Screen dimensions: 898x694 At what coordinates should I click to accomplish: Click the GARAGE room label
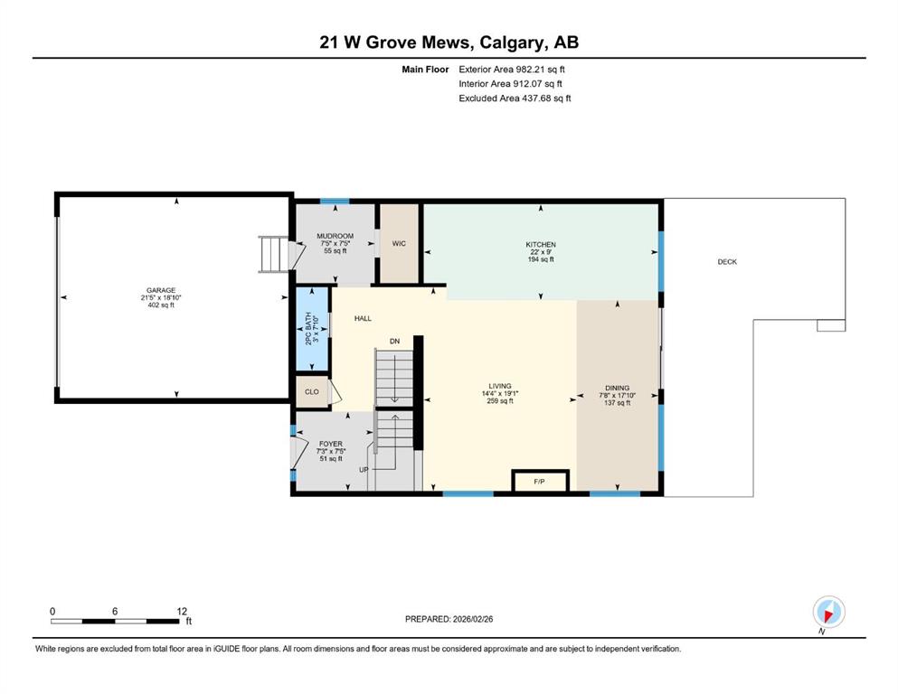[x=161, y=290]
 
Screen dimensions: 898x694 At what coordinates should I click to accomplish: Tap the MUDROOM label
[x=335, y=236]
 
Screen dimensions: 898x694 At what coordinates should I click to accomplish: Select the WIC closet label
[x=399, y=243]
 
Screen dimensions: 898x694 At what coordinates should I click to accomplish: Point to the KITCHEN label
[x=541, y=244]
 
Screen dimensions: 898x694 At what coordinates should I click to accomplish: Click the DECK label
[x=727, y=261]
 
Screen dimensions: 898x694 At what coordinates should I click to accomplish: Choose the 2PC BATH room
[x=312, y=328]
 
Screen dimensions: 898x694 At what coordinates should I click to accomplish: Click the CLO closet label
[x=312, y=392]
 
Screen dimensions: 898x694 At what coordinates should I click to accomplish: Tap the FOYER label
[x=331, y=444]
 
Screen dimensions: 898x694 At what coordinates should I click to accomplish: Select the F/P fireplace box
[x=540, y=481]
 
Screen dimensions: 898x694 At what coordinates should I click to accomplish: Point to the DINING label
[x=618, y=388]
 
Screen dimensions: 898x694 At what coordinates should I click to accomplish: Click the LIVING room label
[x=500, y=386]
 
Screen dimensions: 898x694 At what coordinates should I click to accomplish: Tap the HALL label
[x=364, y=318]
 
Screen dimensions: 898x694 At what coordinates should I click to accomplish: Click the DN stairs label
[x=394, y=341]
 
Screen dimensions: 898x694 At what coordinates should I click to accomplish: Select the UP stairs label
[x=364, y=470]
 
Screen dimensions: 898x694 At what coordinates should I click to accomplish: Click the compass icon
[x=828, y=612]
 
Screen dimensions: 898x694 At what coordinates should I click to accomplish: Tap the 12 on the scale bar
[x=182, y=611]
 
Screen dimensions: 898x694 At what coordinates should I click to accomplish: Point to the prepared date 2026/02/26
[x=472, y=619]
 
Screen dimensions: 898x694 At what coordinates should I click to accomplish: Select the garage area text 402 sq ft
[x=161, y=305]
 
